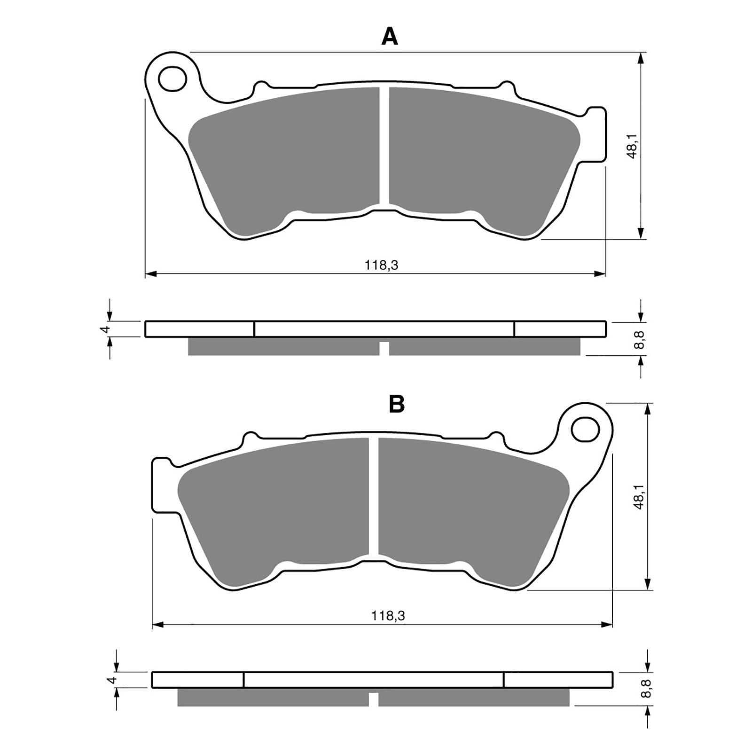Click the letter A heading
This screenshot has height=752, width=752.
pyautogui.click(x=390, y=36)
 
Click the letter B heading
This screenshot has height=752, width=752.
pyautogui.click(x=397, y=403)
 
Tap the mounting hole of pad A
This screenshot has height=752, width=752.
pyautogui.click(x=173, y=78)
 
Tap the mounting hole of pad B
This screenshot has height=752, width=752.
pyautogui.click(x=586, y=429)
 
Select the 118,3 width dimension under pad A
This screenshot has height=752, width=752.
pyautogui.click(x=381, y=266)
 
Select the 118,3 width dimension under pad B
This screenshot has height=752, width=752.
pyautogui.click(x=388, y=616)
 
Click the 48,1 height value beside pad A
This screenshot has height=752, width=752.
pyautogui.click(x=633, y=146)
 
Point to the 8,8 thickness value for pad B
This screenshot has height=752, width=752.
pyautogui.click(x=649, y=689)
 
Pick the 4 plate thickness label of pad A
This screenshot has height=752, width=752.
pyautogui.click(x=107, y=329)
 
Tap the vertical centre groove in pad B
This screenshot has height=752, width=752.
pyautogui.click(x=373, y=498)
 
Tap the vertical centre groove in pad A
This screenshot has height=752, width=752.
pyautogui.click(x=384, y=146)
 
